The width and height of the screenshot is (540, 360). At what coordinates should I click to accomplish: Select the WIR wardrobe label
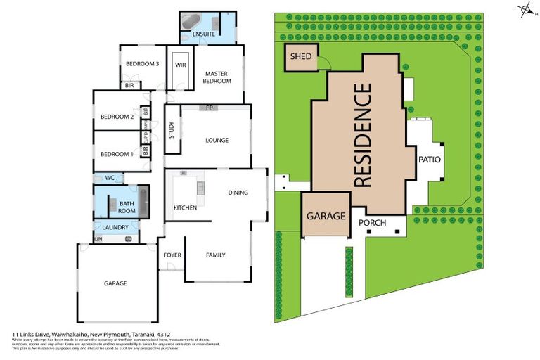pos(180,65)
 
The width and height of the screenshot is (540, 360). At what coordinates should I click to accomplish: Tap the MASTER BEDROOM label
pos(217,77)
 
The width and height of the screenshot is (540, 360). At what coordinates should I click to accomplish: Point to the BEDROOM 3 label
pos(142,64)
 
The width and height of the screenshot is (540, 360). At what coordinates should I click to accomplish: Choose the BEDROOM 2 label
pos(117,117)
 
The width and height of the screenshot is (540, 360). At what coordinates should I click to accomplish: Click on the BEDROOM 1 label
pos(117,154)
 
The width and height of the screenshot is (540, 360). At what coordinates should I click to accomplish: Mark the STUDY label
pos(172,130)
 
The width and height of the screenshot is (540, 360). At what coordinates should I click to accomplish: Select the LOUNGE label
pos(217,140)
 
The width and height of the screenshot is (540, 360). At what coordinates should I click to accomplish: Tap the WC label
pos(109,178)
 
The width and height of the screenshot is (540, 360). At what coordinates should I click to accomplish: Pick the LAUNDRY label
pos(115,228)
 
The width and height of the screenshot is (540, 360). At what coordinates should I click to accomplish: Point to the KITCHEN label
pos(185,207)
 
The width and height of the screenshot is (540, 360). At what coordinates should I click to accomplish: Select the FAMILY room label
pos(215,255)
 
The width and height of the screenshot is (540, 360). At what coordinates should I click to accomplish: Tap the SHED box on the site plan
pos(301,57)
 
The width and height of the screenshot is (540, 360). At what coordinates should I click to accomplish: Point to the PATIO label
pos(429,160)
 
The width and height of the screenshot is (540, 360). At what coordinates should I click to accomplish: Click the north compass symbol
pos(524,10)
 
